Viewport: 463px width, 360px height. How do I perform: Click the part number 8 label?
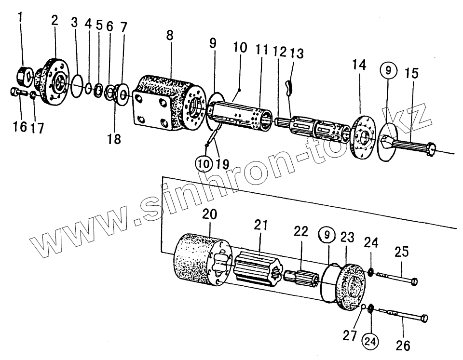point(169,36)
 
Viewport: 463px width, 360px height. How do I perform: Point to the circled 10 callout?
point(204,164)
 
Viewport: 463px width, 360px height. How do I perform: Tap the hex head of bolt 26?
point(425,318)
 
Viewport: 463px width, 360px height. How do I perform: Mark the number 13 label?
point(298,53)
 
